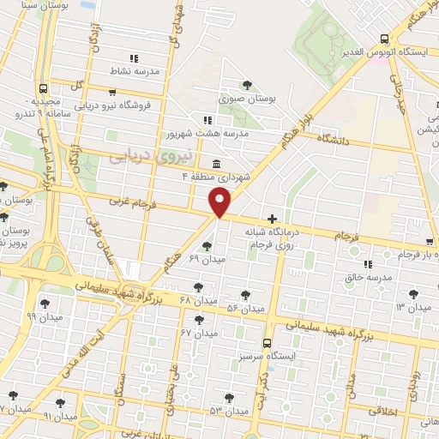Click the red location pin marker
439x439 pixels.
[x=220, y=202]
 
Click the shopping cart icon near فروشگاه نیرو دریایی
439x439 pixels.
[x=112, y=92]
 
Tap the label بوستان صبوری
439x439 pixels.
[x=248, y=99]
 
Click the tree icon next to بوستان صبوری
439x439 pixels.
[x=248, y=85]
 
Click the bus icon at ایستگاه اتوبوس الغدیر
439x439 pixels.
[x=383, y=39]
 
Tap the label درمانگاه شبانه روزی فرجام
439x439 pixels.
[x=275, y=238]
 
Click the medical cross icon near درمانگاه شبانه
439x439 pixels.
[x=273, y=218]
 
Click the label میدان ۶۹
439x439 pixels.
[x=207, y=259]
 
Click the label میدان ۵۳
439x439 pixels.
[x=228, y=412]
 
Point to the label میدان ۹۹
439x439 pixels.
[x=44, y=316]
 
